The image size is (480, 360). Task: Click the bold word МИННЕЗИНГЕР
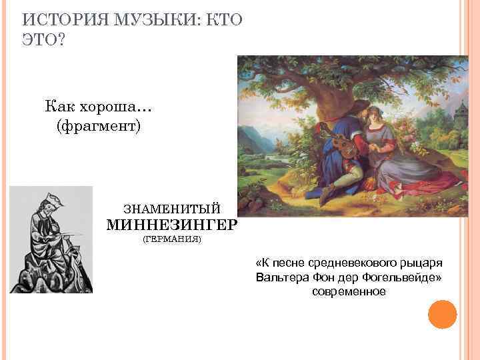click(x=171, y=225)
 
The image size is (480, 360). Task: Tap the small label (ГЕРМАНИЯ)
click(x=172, y=239)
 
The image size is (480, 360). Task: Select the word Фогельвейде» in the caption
click(x=404, y=277)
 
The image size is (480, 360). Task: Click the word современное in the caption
click(x=349, y=291)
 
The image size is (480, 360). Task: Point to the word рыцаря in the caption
click(x=421, y=262)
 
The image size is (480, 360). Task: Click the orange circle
click(x=442, y=314)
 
